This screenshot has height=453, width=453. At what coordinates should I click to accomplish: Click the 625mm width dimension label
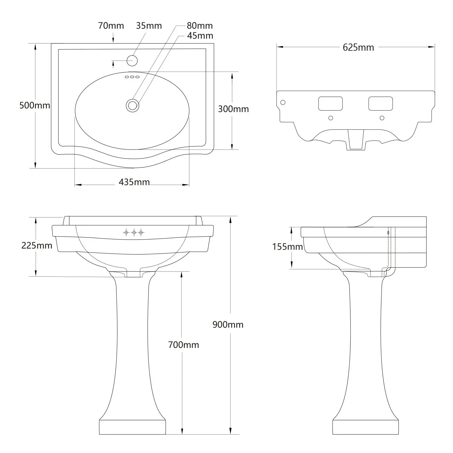(x=358, y=47)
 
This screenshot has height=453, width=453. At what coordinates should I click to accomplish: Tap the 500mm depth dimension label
(x=35, y=105)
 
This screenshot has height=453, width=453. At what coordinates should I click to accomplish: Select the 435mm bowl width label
(x=134, y=182)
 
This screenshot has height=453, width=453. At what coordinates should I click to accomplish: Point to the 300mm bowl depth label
(x=233, y=109)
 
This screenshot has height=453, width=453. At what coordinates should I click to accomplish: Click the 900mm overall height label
(x=228, y=325)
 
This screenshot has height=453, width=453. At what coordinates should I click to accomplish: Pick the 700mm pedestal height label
(x=184, y=345)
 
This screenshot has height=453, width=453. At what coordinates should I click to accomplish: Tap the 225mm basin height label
(x=37, y=246)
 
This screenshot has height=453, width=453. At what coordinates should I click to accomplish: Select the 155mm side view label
(x=288, y=247)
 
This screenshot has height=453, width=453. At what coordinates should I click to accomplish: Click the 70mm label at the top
(x=111, y=26)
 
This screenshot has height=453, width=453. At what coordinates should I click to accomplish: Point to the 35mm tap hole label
(x=149, y=26)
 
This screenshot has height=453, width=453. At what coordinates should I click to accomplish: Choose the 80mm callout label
(x=200, y=26)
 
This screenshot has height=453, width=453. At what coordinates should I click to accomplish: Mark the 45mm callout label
(x=200, y=36)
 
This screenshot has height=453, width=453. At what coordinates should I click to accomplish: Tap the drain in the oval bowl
(x=132, y=105)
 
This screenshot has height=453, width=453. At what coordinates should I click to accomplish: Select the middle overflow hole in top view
(x=132, y=77)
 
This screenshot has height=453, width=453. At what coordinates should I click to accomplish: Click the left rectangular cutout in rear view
(x=330, y=104)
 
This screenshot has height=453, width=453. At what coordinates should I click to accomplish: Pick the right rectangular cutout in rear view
(x=381, y=104)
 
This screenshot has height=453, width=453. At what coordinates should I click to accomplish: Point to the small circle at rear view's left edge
(x=283, y=102)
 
